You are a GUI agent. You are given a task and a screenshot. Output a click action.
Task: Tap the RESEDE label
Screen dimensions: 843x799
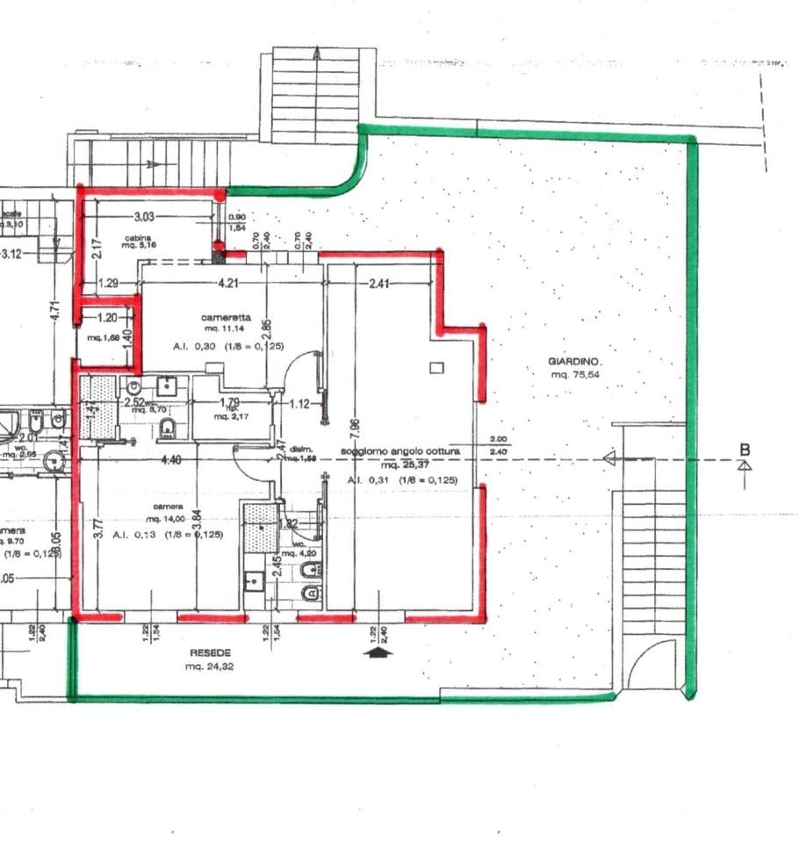(x=210, y=653)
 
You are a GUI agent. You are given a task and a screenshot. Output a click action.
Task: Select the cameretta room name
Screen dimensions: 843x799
(x=226, y=317)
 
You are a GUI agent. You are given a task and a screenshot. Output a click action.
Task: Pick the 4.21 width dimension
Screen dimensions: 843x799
(x=228, y=283)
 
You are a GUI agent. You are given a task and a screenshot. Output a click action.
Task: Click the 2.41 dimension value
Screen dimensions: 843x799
(x=379, y=283)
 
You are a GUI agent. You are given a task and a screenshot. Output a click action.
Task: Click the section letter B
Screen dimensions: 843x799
(x=745, y=450)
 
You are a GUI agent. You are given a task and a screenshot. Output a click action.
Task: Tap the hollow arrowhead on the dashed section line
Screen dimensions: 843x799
(x=608, y=458)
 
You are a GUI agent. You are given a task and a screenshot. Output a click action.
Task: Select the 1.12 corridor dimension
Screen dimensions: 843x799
(x=299, y=404)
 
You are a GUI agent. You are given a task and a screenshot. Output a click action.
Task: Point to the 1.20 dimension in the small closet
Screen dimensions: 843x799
(x=107, y=318)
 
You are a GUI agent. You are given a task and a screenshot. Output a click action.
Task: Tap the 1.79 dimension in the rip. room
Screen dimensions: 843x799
(x=230, y=403)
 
